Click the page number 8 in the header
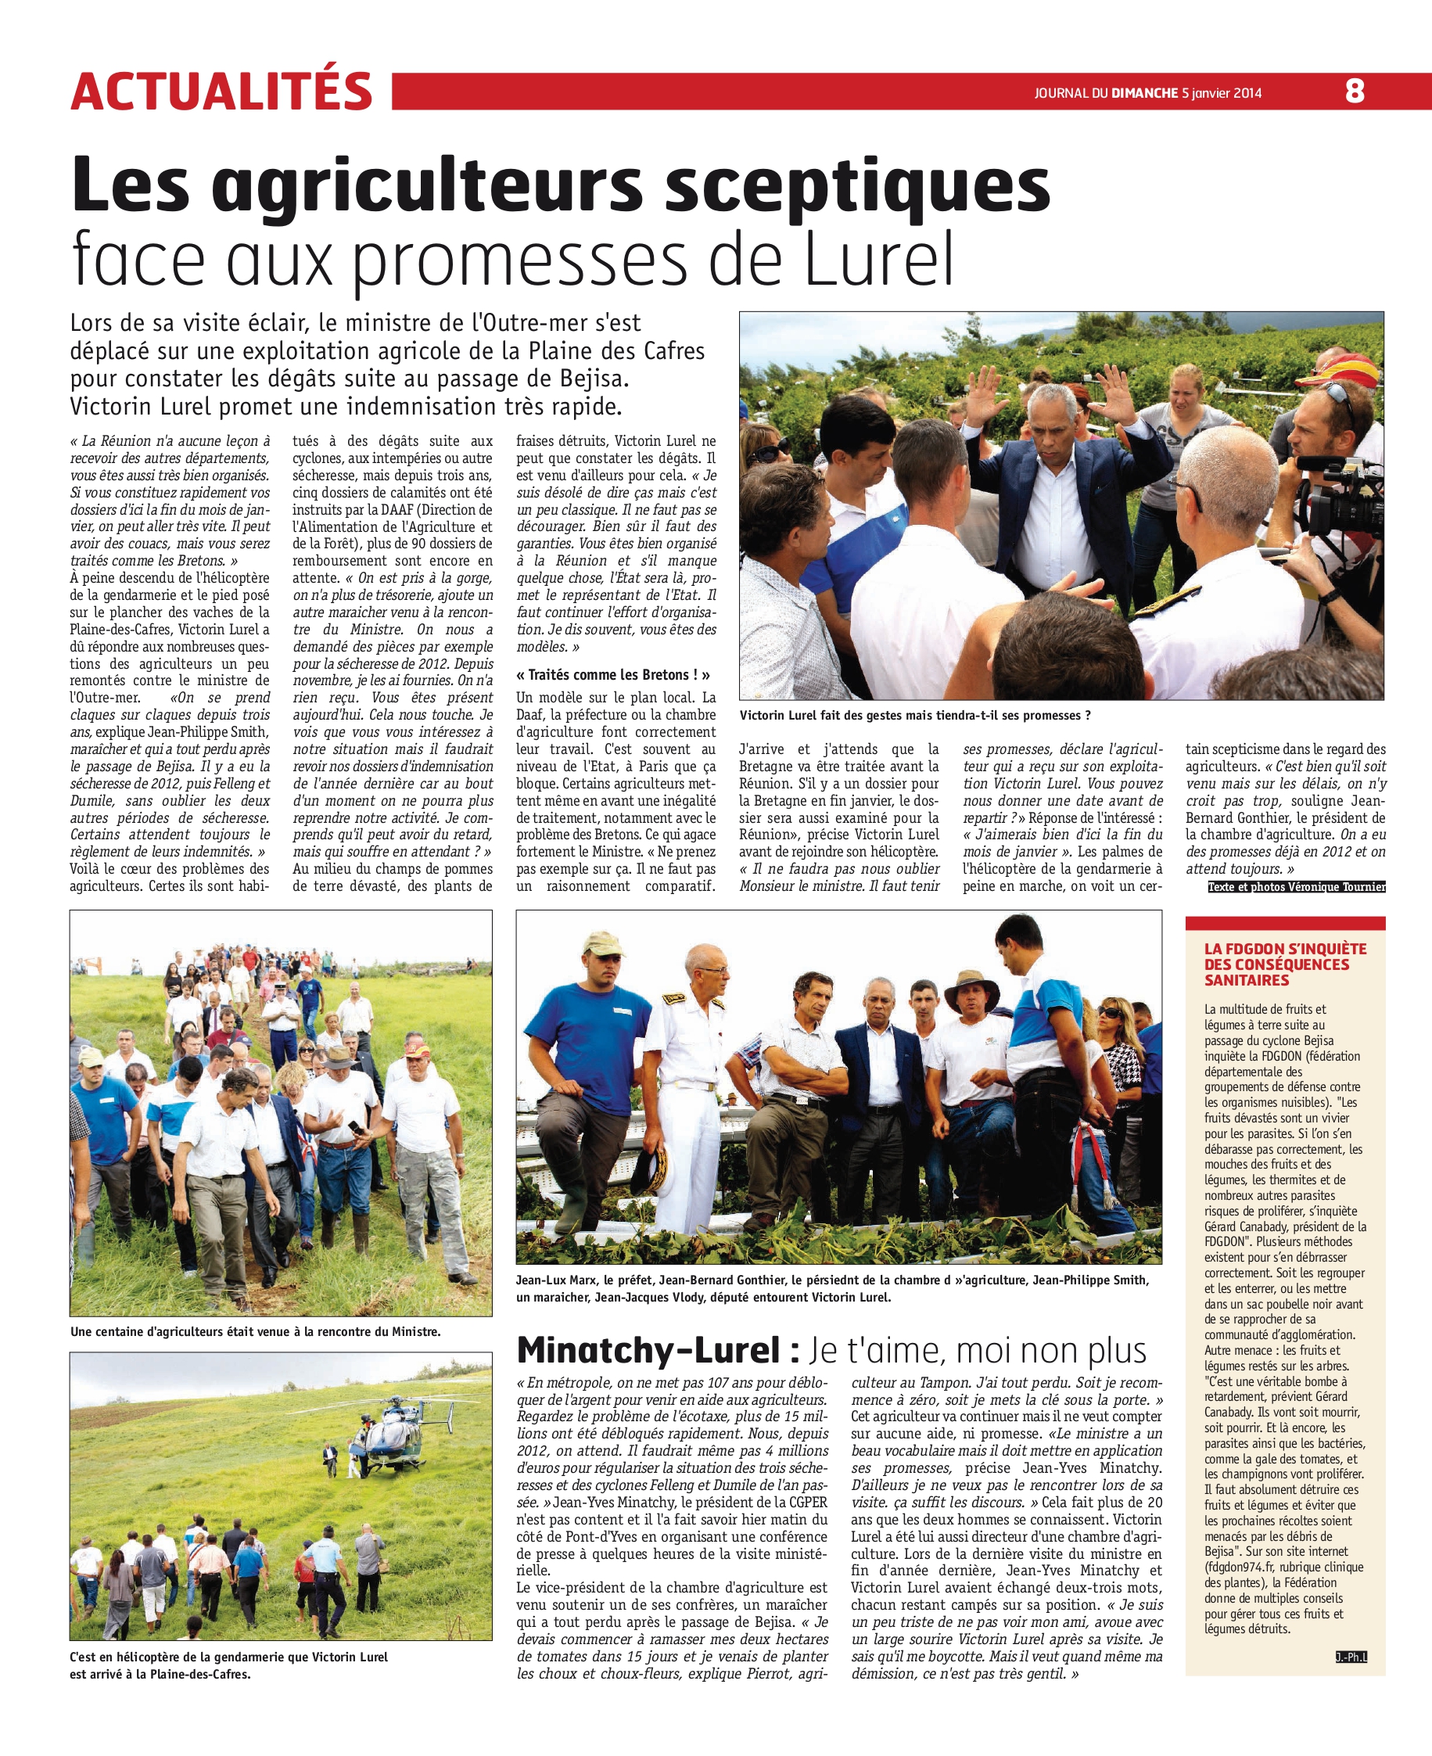(1355, 91)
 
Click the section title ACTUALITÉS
(222, 91)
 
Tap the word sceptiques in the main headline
(857, 186)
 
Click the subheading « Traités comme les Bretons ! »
(613, 674)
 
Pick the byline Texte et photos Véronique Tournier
(1296, 887)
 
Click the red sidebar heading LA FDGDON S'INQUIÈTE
(1285, 949)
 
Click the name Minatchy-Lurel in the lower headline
(648, 1351)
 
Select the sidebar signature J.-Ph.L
(1351, 1656)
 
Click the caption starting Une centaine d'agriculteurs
(255, 1331)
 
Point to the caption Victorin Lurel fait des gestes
(915, 715)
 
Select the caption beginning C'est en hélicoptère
(228, 1664)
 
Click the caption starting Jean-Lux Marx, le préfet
(832, 1287)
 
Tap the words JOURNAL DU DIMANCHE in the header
(1106, 93)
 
